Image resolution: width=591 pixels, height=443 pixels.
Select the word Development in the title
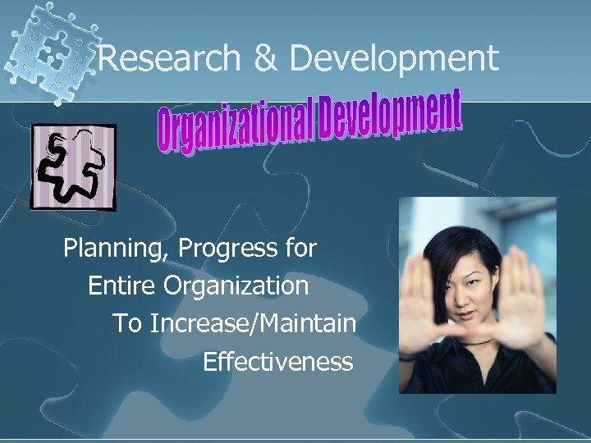click(x=394, y=58)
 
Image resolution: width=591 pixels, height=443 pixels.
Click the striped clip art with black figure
click(x=73, y=167)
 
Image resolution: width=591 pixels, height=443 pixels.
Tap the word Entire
click(x=122, y=286)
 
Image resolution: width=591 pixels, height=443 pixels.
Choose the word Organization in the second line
click(x=236, y=286)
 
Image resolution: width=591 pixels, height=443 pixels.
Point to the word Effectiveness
click(x=277, y=361)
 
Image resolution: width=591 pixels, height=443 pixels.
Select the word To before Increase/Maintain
click(x=126, y=324)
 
